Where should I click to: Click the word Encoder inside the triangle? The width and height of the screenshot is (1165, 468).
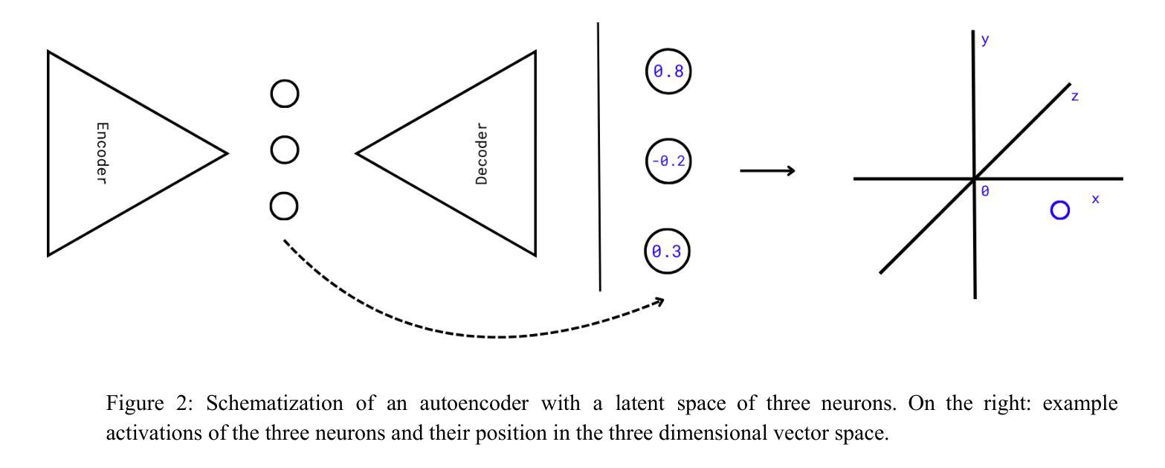(102, 153)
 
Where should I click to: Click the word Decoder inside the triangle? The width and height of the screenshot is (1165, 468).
(482, 154)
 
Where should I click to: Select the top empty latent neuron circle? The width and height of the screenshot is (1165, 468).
(284, 94)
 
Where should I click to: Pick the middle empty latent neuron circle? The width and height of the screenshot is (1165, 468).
(284, 150)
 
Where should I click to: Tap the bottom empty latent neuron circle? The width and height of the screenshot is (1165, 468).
(284, 205)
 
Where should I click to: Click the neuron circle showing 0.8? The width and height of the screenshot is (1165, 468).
(668, 72)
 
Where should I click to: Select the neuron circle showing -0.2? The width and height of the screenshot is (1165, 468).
(668, 161)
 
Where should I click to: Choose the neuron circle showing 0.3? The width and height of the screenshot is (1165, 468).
(667, 251)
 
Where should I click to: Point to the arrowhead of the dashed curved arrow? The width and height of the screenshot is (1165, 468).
(658, 301)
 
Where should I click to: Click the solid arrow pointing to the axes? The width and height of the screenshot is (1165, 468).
(767, 171)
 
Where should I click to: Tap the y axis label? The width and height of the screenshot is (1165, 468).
(985, 40)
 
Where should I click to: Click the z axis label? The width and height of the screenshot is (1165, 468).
(1075, 97)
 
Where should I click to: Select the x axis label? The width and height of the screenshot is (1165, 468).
(1095, 199)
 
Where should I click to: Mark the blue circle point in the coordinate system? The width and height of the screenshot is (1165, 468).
(1060, 211)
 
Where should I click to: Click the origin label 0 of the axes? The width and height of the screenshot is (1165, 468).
(986, 191)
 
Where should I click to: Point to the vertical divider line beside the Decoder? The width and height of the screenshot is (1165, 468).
(599, 156)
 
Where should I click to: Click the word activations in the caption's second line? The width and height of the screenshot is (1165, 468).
(144, 434)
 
